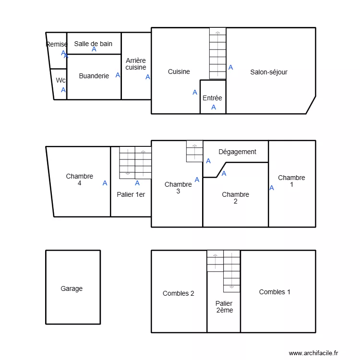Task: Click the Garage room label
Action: (72, 288)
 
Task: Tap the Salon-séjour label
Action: (269, 72)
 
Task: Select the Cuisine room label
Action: (179, 72)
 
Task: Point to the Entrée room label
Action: (212, 98)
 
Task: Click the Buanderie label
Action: (94, 76)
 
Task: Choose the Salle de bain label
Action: (93, 44)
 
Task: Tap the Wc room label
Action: (60, 80)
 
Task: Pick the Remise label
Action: (57, 44)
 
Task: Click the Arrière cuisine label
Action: (136, 64)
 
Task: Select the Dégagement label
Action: (237, 152)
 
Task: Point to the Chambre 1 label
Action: (291, 181)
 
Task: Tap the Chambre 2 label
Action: (235, 198)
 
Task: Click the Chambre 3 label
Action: (178, 188)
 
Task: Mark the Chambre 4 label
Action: (80, 180)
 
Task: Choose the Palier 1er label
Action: (131, 194)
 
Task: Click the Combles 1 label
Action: (275, 292)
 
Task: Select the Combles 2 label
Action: (178, 293)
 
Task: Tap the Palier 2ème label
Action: (224, 307)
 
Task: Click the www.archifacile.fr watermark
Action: (313, 353)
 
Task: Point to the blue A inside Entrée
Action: (214, 107)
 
